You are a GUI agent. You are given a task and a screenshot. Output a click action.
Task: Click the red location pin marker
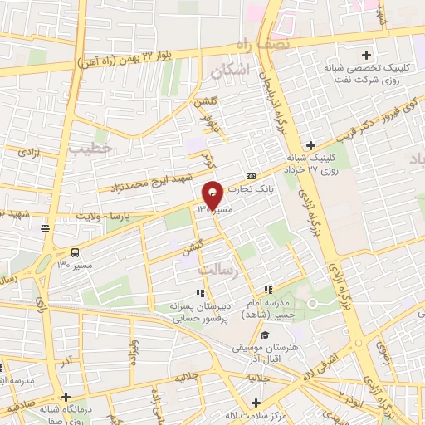coord(212,195)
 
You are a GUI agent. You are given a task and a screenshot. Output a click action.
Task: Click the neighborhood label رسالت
coord(219,270)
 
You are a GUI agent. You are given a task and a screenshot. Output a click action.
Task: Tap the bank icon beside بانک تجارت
coord(251,176)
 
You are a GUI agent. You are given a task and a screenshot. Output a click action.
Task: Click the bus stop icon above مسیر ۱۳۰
coord(76,252)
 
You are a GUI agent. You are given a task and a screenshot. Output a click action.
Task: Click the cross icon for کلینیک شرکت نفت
coord(366,55)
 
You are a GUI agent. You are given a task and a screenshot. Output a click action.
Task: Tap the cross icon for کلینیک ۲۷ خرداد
coord(310,144)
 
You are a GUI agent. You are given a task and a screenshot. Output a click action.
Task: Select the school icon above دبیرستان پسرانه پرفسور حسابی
coord(199,292)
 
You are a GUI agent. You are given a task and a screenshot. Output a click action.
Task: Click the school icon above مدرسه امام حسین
coord(268,290)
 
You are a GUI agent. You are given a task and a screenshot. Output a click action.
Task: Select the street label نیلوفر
coord(211,121)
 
